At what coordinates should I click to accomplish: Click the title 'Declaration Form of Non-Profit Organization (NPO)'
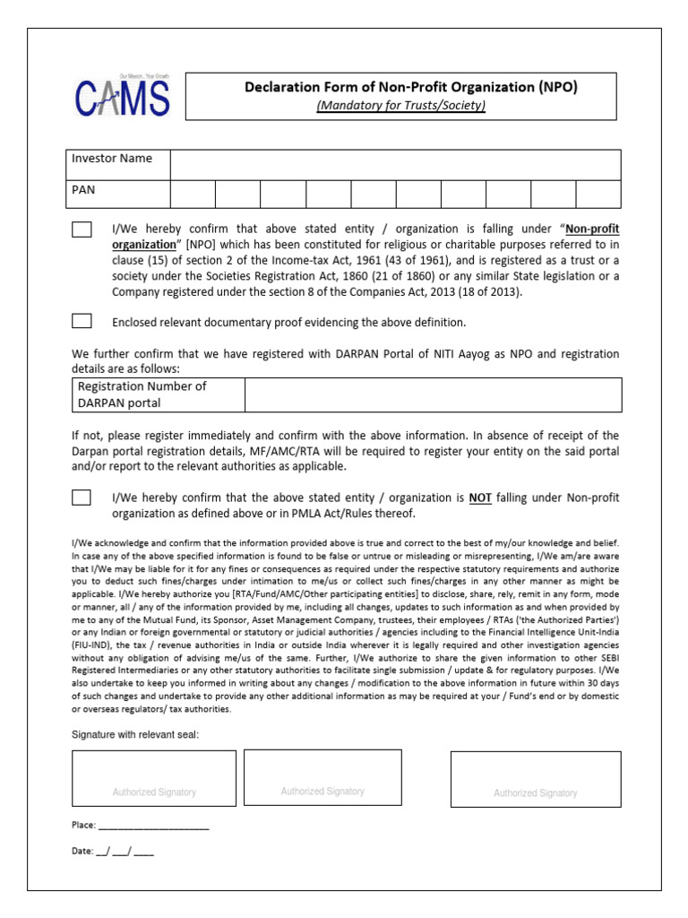point(411,87)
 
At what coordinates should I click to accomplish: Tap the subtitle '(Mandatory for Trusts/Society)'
point(411,106)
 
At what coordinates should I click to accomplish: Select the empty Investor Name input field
point(395,165)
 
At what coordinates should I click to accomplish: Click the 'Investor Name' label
point(112,159)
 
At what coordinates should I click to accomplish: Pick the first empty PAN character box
point(193,194)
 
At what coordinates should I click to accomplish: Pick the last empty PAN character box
point(598,194)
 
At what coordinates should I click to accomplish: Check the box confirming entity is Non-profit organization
point(82,229)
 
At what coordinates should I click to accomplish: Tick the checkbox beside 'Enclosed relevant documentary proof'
point(82,321)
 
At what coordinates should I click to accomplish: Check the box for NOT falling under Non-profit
point(82,498)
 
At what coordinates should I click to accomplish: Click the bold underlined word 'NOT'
point(480,498)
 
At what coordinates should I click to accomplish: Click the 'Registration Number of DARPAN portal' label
point(142,394)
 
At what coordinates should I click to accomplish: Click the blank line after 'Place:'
point(153,826)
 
